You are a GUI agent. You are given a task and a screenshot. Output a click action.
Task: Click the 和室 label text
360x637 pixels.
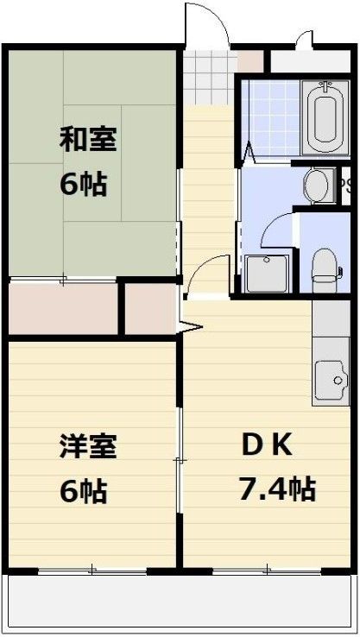coord(88,138)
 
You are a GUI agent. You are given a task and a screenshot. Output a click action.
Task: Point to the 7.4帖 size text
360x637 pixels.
coord(276,489)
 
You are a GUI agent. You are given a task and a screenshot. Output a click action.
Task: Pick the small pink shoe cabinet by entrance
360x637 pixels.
coord(250,61)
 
